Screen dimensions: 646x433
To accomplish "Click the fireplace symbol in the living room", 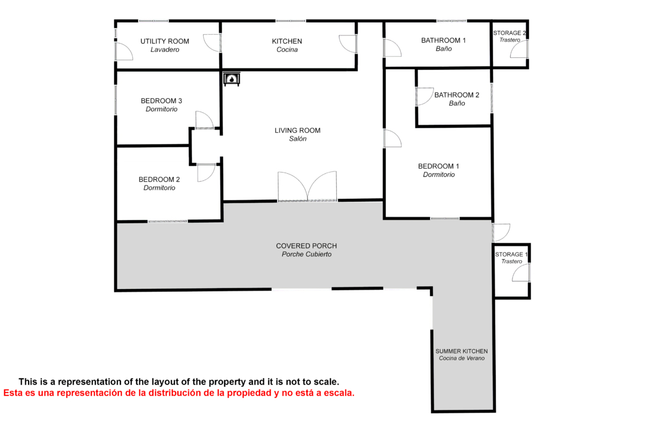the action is coord(231,79).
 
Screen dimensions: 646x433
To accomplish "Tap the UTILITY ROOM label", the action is coord(165,41).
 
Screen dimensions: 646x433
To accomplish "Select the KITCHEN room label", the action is coord(287,41).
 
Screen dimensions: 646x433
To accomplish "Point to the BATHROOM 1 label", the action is coord(443,40).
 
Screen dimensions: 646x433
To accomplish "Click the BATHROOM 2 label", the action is coord(457,95).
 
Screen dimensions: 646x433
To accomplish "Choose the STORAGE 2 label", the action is coord(510,33).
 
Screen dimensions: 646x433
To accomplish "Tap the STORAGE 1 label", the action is coord(511,254).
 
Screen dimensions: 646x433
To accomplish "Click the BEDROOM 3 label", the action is coord(161,101).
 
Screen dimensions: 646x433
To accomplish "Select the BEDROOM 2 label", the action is coord(159,179).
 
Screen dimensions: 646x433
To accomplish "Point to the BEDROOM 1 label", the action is coord(438,166).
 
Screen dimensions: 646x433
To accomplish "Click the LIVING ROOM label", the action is coord(298,131).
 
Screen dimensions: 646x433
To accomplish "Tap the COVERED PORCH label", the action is coord(306,245).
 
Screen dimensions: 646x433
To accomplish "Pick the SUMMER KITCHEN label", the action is coord(462,351).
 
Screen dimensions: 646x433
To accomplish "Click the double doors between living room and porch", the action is coord(308,186).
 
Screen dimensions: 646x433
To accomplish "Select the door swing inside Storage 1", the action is coord(520,272).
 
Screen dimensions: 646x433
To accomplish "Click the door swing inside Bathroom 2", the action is coord(425,97).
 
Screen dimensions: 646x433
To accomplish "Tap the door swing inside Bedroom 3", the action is coord(205,120).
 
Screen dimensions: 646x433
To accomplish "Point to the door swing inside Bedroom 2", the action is coord(206,173).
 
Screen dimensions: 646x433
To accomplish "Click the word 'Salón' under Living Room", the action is coord(298,138).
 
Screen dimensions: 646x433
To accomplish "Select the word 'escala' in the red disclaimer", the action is coord(338,393).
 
